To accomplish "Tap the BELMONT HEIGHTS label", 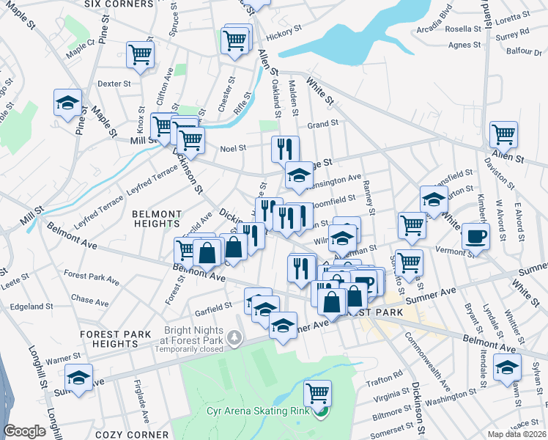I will pos(156,218).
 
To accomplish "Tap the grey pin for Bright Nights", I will pos(234,338).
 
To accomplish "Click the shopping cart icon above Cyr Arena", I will pos(317,393).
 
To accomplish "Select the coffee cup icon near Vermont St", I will pos(475,237).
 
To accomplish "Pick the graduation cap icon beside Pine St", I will pos(67,102).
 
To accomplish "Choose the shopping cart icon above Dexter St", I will pos(140,54).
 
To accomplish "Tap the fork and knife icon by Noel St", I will pos(285,149).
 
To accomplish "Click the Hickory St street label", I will pos(285,32).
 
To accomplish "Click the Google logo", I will pos(25,431).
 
